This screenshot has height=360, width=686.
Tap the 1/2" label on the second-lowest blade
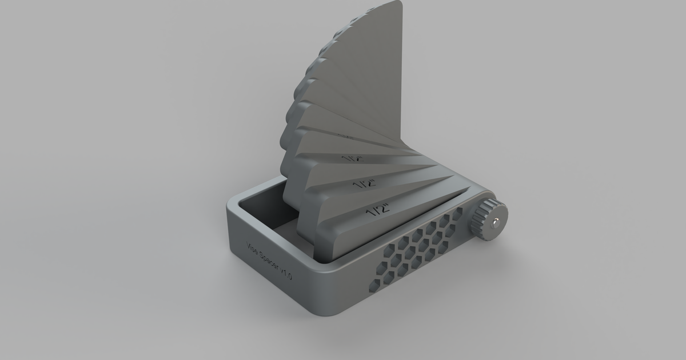pos(364,184)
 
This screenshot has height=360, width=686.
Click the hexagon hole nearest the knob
pos(457,214)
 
